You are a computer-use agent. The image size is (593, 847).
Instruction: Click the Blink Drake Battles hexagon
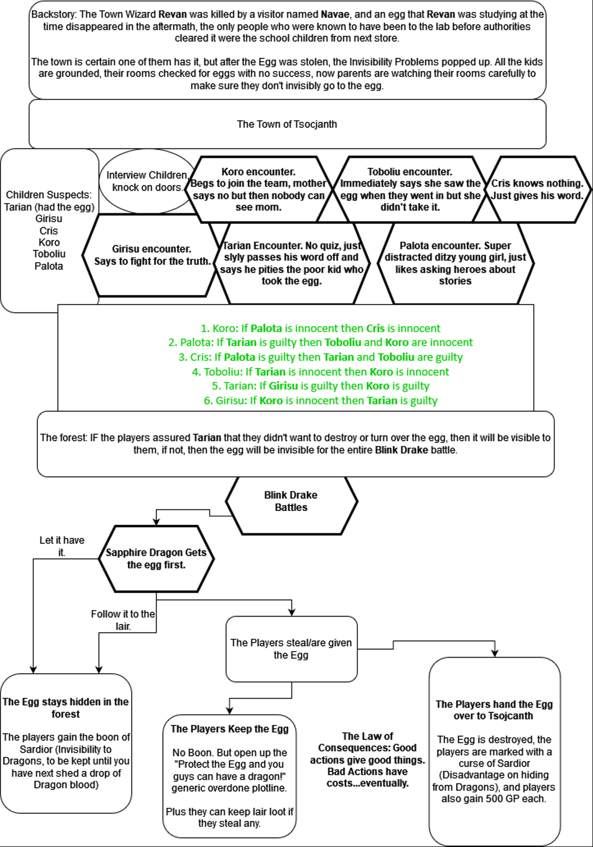(x=291, y=501)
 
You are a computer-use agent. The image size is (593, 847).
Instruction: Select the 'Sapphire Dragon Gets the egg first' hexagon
(x=156, y=559)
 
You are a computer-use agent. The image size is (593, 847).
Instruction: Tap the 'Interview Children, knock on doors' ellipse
(x=147, y=181)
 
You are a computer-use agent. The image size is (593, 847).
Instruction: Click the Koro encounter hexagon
(x=258, y=189)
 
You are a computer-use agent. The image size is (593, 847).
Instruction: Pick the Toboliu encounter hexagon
(x=410, y=189)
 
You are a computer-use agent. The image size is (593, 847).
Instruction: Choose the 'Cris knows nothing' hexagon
(x=537, y=189)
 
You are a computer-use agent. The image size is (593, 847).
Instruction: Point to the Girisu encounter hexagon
(x=151, y=255)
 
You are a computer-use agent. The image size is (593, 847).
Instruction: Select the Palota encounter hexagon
(x=455, y=263)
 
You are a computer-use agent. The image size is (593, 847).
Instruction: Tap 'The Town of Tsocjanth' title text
(x=287, y=124)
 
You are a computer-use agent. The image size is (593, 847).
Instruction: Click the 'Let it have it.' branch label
(x=62, y=546)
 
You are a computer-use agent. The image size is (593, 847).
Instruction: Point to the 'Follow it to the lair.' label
(x=123, y=620)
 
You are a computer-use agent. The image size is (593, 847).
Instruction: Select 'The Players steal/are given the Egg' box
(x=291, y=649)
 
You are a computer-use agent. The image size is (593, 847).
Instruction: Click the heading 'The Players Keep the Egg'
(x=229, y=729)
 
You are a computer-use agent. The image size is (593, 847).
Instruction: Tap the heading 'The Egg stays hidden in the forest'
(x=66, y=708)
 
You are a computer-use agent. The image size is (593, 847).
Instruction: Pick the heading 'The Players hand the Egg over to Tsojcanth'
(x=494, y=710)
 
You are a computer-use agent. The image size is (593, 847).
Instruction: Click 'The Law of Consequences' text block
(x=368, y=759)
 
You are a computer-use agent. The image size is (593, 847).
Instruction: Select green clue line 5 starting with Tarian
(x=321, y=386)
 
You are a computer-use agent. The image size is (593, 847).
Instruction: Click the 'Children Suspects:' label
(x=49, y=195)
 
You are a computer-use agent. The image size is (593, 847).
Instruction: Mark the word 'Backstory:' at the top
(x=54, y=14)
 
